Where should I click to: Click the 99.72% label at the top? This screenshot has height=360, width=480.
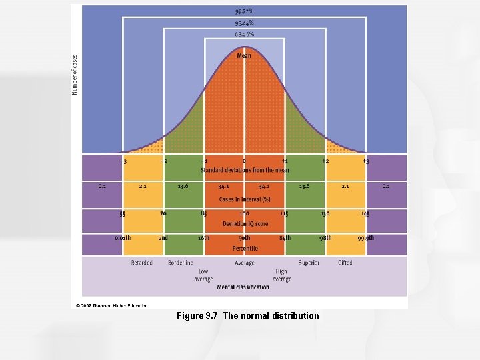coord(244,11)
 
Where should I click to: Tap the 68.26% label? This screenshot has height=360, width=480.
coord(244,33)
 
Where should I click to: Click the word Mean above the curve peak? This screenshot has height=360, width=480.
coord(244,56)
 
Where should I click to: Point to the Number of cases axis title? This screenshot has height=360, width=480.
coord(75,75)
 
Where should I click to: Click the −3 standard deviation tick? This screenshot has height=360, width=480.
coord(123,161)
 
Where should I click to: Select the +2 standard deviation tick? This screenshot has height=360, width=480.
coord(325,161)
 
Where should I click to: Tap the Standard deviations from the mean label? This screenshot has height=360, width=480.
coord(244,170)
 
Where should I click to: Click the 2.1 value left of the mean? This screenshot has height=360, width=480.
coord(143,187)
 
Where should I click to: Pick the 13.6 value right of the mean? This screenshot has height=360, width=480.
coord(305,187)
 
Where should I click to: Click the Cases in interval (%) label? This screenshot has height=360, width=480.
coord(244,199)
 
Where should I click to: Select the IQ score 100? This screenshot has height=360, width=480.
coord(244,214)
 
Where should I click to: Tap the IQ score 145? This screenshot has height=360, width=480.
coord(365,214)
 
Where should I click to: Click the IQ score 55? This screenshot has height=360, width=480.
coord(123,214)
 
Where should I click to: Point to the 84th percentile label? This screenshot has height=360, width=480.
coord(285,238)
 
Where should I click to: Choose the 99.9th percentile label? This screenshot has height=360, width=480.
coord(365,238)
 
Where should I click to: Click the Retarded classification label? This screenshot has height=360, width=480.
coord(141,263)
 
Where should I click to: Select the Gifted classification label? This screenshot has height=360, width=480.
coord(345,263)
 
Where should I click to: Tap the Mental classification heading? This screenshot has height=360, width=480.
coord(243,287)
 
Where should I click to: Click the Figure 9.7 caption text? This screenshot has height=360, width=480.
coord(247,315)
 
